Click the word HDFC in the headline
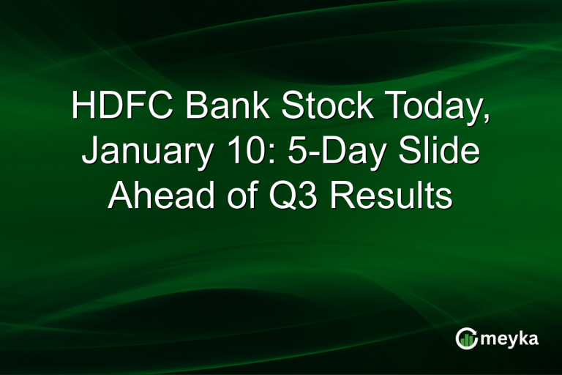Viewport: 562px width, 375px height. coord(123,107)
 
